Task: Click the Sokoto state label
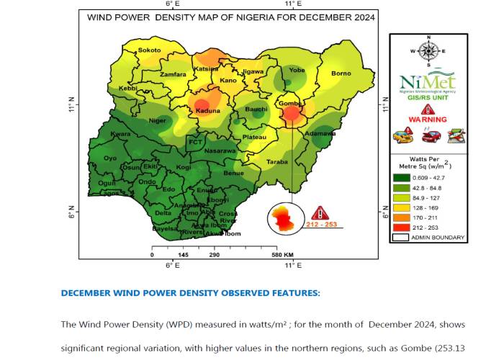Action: pos(149,50)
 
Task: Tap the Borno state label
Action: pos(341,73)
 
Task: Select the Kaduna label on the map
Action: pos(207,112)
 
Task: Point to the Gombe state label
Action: pos(289,103)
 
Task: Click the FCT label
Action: pos(195,143)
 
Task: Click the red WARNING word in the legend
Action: pos(428,120)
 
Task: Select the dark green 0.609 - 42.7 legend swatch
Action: pos(402,178)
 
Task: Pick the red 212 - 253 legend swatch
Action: pos(402,228)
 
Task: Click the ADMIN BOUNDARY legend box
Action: pos(402,238)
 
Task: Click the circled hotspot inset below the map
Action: pos(286,218)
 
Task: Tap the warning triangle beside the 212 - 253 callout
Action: pos(320,212)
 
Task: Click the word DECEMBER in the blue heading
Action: pos(90,293)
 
